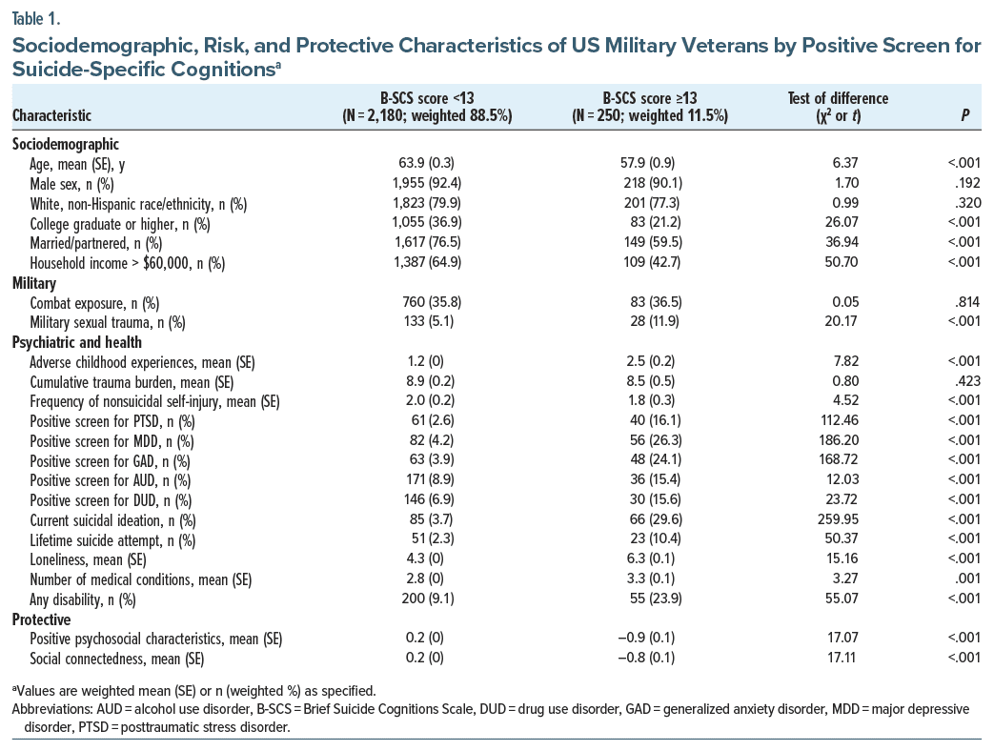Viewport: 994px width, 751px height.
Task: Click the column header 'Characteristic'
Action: coord(51,116)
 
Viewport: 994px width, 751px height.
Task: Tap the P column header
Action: coord(971,116)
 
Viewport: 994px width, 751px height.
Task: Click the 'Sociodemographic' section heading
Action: coord(65,144)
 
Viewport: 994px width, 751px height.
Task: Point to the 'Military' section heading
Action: coord(35,283)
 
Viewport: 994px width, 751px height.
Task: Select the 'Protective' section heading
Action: coord(43,620)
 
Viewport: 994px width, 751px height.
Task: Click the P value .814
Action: coord(969,302)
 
